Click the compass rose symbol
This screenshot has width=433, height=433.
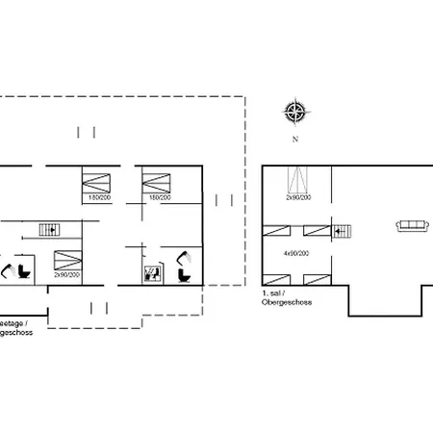pyautogui.click(x=295, y=114)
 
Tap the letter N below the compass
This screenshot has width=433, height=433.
pyautogui.click(x=295, y=139)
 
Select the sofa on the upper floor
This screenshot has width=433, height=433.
pyautogui.click(x=413, y=226)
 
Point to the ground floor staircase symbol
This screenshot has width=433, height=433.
pyautogui.click(x=48, y=228)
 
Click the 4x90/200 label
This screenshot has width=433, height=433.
pyautogui.click(x=295, y=253)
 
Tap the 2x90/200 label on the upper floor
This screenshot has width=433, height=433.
pyautogui.click(x=297, y=197)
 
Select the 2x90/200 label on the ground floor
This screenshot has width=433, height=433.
pyautogui.click(x=66, y=275)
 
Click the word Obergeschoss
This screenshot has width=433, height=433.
pyautogui.click(x=283, y=301)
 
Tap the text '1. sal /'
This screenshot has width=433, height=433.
pyautogui.click(x=275, y=292)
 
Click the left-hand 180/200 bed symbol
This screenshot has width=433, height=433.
pyautogui.click(x=96, y=179)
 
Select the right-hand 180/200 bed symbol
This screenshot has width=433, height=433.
pyautogui.click(x=156, y=179)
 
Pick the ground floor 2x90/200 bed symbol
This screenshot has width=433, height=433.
pyautogui.click(x=66, y=258)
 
